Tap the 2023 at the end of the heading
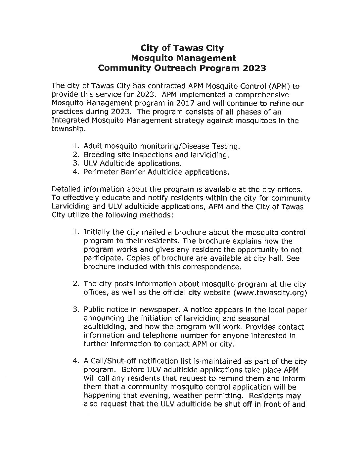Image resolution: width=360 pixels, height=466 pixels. (254, 68)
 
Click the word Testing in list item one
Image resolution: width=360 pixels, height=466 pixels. (225, 146)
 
